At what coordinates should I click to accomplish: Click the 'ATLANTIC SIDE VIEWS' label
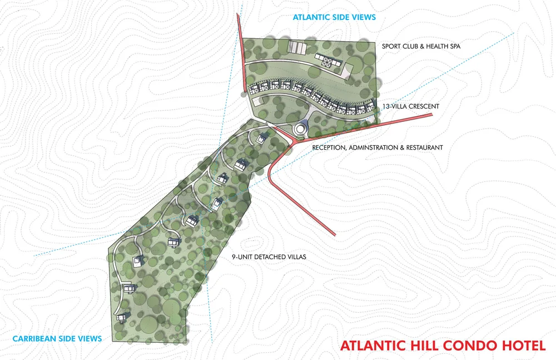click(334, 17)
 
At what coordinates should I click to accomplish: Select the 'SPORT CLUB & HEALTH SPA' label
click(421, 46)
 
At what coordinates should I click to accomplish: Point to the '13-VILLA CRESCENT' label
click(411, 106)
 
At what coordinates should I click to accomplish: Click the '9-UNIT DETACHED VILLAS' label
click(269, 258)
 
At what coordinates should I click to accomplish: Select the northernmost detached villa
click(262, 137)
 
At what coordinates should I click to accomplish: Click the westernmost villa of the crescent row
click(253, 88)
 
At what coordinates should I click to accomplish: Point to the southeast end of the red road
click(334, 234)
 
